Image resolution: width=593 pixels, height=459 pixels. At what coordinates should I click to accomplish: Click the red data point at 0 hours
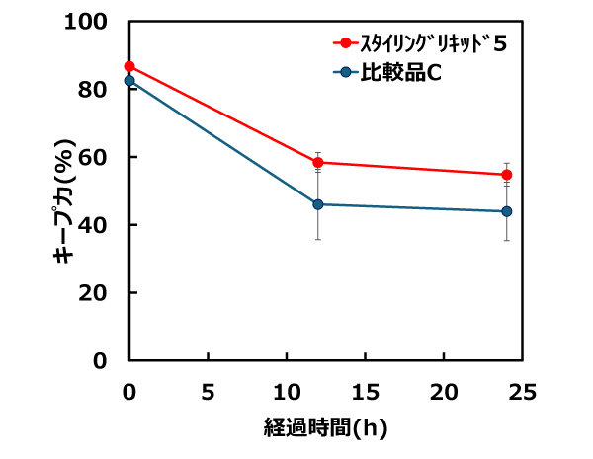click(x=129, y=66)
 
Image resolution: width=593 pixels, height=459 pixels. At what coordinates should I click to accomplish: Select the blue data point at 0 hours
click(x=129, y=81)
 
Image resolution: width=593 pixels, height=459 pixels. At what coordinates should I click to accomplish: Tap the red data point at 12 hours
click(x=318, y=163)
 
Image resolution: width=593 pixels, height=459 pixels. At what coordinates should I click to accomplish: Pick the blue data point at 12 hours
click(x=318, y=204)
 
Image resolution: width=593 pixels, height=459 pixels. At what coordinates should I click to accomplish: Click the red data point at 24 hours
click(x=507, y=175)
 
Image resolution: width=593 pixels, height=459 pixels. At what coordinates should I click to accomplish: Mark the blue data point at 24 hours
click(x=507, y=211)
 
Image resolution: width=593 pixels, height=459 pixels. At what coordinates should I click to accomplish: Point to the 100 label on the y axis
click(x=85, y=22)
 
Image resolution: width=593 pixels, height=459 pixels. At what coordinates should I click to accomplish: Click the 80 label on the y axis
click(x=92, y=90)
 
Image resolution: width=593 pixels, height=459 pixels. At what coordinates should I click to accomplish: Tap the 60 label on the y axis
click(x=92, y=157)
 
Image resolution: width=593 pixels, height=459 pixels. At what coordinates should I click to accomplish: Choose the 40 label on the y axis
click(x=92, y=225)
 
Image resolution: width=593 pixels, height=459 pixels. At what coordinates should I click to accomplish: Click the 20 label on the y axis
click(x=92, y=293)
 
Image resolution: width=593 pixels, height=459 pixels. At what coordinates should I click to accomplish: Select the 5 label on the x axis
click(x=208, y=392)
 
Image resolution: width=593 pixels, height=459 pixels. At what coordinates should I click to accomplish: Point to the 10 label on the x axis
click(x=287, y=392)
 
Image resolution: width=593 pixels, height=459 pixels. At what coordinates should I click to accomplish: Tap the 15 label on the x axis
click(x=366, y=392)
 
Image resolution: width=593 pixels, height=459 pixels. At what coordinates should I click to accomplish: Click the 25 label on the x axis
click(x=522, y=392)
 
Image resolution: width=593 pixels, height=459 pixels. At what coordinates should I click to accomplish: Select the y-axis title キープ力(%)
click(x=64, y=200)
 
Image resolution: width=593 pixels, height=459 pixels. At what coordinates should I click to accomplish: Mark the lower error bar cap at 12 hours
click(x=318, y=239)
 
